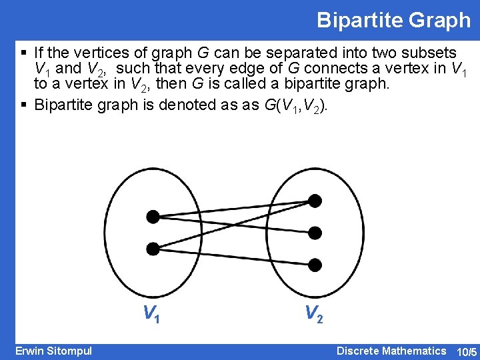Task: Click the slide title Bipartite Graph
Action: tap(393, 20)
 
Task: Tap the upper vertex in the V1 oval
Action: tap(153, 216)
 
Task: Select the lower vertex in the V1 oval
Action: tap(153, 249)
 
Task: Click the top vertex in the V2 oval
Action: tap(315, 201)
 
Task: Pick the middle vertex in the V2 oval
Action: tap(315, 233)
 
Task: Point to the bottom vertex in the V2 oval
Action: tap(315, 265)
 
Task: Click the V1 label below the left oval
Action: tap(151, 313)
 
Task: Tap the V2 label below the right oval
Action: tap(313, 313)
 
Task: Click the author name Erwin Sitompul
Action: tap(54, 351)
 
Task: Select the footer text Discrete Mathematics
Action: tap(391, 351)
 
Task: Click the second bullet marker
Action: tap(24, 105)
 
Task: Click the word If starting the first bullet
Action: tap(39, 53)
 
